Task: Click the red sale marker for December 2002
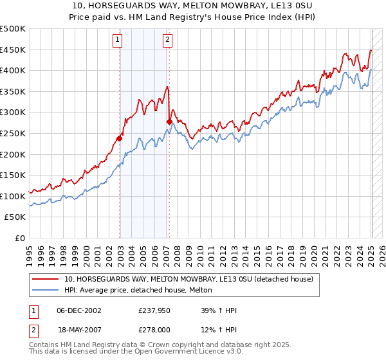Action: [x=120, y=138]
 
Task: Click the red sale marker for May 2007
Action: [x=169, y=122]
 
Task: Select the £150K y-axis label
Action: [x=13, y=175]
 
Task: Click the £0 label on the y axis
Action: [x=20, y=239]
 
